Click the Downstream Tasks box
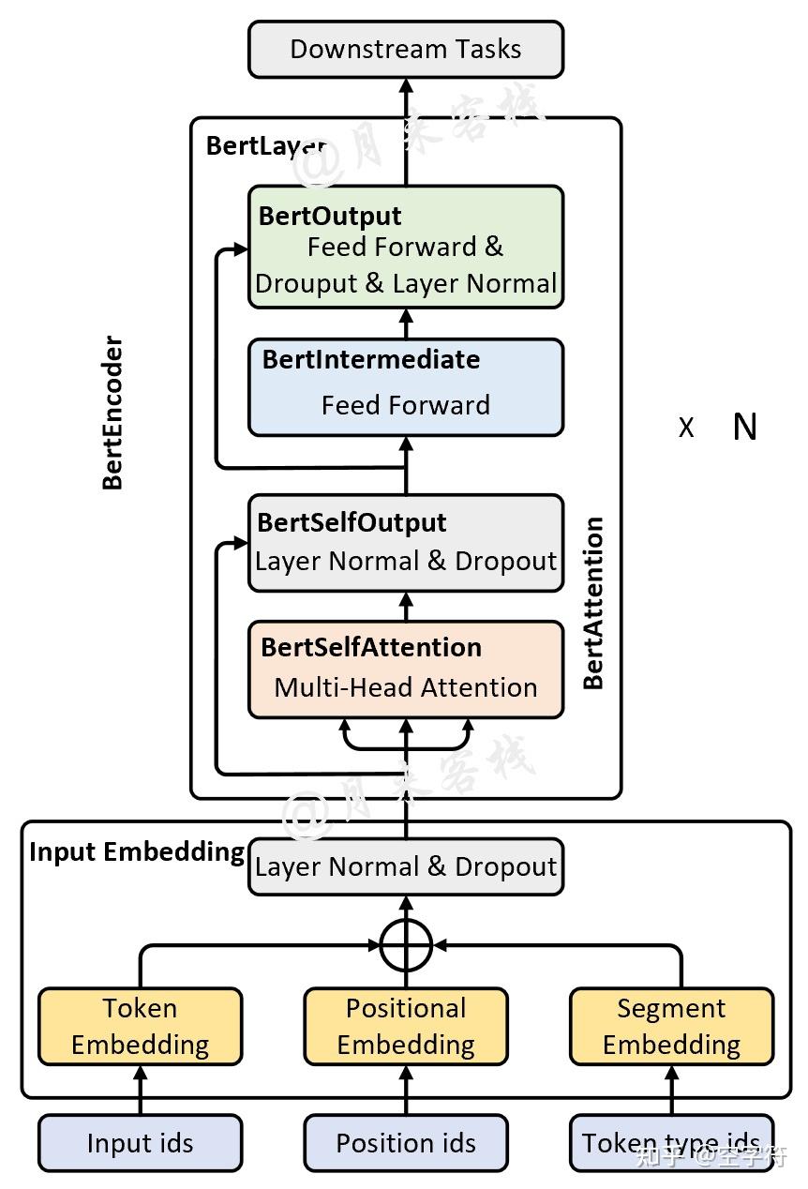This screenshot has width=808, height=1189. (x=405, y=50)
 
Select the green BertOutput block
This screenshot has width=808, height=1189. (x=405, y=248)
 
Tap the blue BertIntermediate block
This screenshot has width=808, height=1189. (x=405, y=387)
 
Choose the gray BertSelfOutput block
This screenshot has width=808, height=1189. (x=405, y=543)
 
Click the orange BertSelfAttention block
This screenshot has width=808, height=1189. (x=405, y=670)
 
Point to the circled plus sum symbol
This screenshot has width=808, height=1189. (x=406, y=944)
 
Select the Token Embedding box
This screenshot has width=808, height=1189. (x=140, y=1026)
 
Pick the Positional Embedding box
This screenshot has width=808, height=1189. (x=405, y=1026)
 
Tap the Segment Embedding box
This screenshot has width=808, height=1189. (x=671, y=1026)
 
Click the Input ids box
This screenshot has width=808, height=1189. (x=140, y=1143)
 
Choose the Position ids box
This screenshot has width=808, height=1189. (x=405, y=1143)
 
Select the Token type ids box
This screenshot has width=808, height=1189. (x=671, y=1143)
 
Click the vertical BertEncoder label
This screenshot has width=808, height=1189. (x=112, y=413)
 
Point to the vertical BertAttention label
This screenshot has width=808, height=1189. (x=593, y=603)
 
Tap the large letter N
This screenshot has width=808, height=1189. (x=744, y=428)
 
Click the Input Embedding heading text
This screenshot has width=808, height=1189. (x=137, y=851)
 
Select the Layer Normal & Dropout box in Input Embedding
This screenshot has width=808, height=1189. (x=405, y=866)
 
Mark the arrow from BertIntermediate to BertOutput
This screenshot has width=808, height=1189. (x=406, y=324)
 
